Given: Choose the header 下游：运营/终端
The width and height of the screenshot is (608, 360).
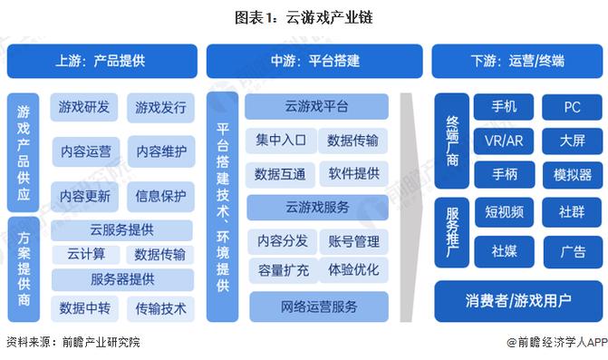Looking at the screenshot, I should [x=517, y=62].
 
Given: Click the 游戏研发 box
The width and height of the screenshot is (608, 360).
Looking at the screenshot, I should [x=84, y=108].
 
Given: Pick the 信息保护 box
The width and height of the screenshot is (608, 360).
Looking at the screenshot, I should [x=160, y=195].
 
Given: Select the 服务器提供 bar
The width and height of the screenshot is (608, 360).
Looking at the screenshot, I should [x=121, y=278].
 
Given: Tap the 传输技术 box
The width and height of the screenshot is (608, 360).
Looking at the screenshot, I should [x=160, y=308].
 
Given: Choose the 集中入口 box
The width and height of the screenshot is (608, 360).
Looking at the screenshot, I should [x=280, y=140].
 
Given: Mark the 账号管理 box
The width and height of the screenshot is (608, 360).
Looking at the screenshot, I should [x=353, y=240].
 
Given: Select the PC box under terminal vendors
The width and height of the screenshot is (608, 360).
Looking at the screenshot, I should [x=572, y=107].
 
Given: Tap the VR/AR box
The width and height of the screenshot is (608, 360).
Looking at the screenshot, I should [x=504, y=141].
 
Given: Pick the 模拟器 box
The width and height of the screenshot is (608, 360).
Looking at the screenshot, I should [x=572, y=174].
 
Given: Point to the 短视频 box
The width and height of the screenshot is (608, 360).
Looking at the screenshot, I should [x=504, y=213].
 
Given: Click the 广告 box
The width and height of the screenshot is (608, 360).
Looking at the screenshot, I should [x=572, y=251].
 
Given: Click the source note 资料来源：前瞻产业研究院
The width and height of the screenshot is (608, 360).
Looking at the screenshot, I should [x=73, y=343].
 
